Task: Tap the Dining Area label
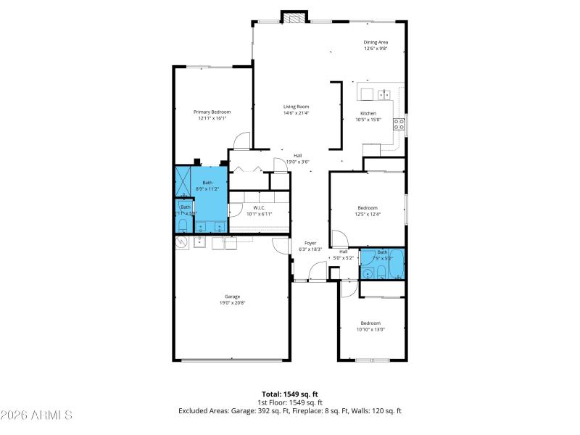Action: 376,42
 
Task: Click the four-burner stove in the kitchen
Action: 398,123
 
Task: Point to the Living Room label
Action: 296,107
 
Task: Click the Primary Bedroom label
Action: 212,112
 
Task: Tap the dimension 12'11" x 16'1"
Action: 212,118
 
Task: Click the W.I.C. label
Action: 257,207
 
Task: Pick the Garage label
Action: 232,296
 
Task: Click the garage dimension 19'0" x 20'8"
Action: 232,302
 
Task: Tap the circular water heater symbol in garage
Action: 181,244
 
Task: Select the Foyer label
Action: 310,243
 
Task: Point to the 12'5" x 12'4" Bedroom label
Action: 368,207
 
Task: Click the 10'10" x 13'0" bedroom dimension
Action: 370,329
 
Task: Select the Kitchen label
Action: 368,113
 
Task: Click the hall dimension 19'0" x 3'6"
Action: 297,162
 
